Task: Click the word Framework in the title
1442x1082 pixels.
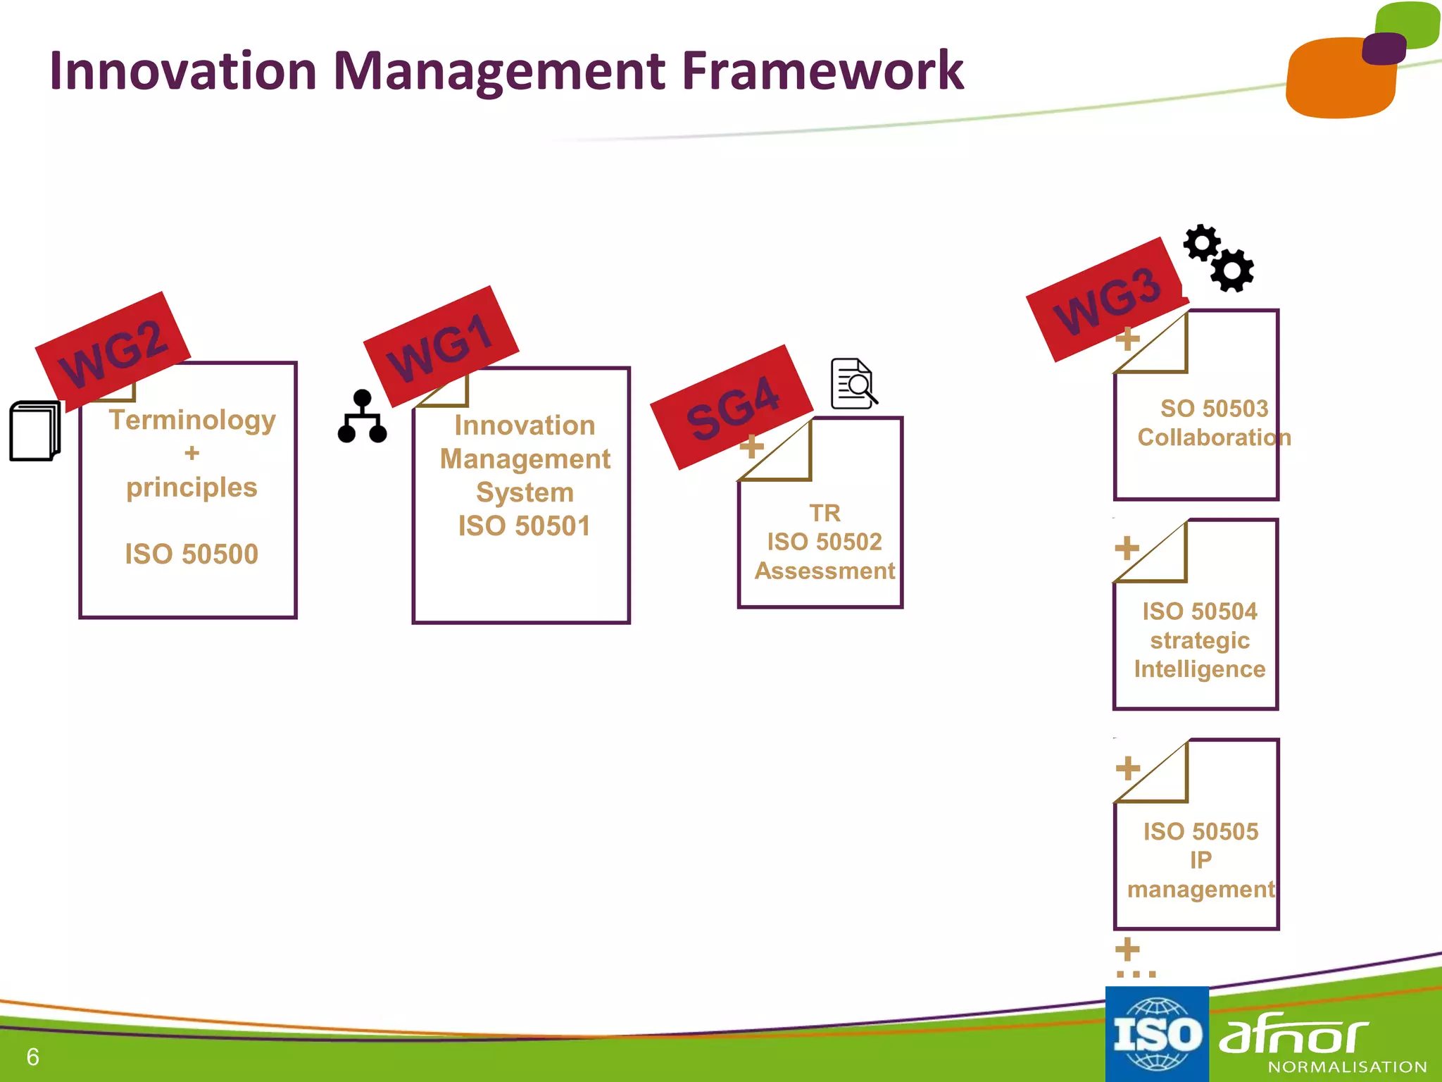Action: pos(822,72)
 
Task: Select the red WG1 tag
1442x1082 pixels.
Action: pos(441,346)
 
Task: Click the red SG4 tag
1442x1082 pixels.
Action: pos(732,407)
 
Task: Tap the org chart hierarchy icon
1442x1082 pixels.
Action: pos(362,416)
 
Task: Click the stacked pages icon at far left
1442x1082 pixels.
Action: pos(35,430)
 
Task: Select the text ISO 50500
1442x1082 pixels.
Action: pos(192,554)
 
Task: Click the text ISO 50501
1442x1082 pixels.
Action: pos(524,526)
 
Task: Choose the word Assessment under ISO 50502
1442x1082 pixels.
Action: pos(825,571)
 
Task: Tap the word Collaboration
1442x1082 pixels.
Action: pos(1214,437)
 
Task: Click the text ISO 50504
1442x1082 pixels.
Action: pos(1199,611)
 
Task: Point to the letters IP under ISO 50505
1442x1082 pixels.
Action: pos(1200,860)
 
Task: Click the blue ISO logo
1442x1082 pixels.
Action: pos(1156,1033)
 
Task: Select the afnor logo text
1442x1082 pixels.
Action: pos(1294,1036)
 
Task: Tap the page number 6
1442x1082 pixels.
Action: pos(32,1057)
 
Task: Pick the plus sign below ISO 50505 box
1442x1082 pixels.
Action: pos(1127,949)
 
